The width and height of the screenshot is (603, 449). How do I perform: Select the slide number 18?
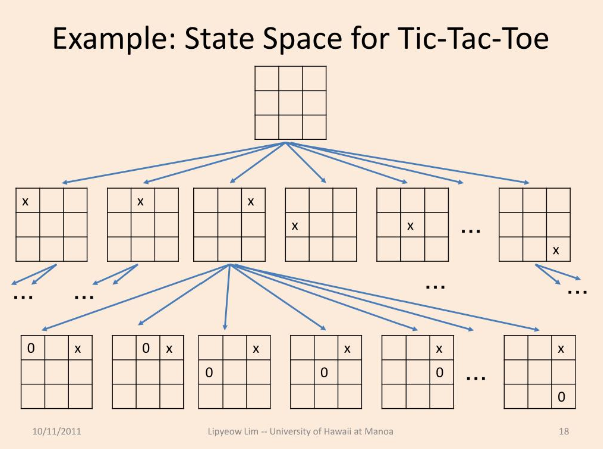click(564, 431)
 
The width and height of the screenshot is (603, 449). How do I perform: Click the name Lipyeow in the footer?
click(224, 431)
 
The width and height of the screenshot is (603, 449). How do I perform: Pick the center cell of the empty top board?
click(291, 103)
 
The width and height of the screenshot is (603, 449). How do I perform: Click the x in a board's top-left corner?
click(25, 202)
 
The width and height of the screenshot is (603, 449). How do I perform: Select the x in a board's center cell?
click(410, 226)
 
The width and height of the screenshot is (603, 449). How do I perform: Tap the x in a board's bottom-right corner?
click(556, 250)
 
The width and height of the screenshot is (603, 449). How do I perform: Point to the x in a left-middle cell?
click(295, 226)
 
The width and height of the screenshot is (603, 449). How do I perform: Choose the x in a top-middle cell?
click(141, 202)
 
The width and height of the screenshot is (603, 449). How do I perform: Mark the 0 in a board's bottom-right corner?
click(561, 397)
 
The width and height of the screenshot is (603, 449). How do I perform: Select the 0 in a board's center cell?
click(324, 373)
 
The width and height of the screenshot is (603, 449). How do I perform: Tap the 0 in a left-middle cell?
click(209, 373)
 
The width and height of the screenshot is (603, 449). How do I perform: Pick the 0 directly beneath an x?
click(440, 373)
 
